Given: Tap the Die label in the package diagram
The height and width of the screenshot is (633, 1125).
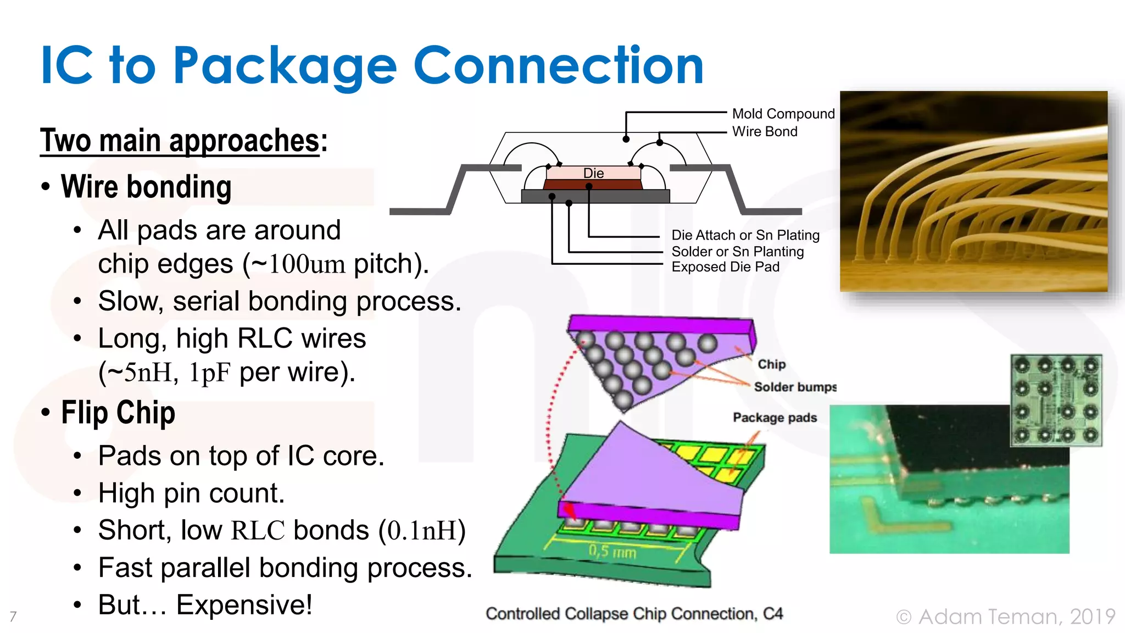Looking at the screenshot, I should point(593,173).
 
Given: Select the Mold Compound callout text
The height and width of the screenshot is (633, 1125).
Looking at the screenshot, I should point(783,114).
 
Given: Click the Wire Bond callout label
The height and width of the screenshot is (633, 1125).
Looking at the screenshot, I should point(764,131).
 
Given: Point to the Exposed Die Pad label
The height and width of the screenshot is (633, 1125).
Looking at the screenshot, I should point(725,267).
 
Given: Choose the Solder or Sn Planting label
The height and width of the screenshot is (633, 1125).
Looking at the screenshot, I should point(737,252).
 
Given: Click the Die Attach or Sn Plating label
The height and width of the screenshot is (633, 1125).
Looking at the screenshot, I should point(745,235).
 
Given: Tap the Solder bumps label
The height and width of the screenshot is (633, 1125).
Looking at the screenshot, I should point(794,387).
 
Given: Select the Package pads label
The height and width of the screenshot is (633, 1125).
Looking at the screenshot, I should point(775,418).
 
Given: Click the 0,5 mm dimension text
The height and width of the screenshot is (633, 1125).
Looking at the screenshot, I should point(612,551).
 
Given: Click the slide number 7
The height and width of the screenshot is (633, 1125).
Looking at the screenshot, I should point(13,617).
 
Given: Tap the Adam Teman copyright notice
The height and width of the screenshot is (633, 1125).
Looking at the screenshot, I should point(1005,617).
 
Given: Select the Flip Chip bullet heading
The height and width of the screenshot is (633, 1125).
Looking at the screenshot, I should point(118,413).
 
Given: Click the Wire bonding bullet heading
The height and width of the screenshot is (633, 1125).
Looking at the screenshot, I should point(146,187).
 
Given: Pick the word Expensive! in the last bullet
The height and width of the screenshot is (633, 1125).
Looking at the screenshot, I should point(244,605).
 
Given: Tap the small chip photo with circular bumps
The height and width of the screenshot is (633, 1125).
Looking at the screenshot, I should point(1056,400).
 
